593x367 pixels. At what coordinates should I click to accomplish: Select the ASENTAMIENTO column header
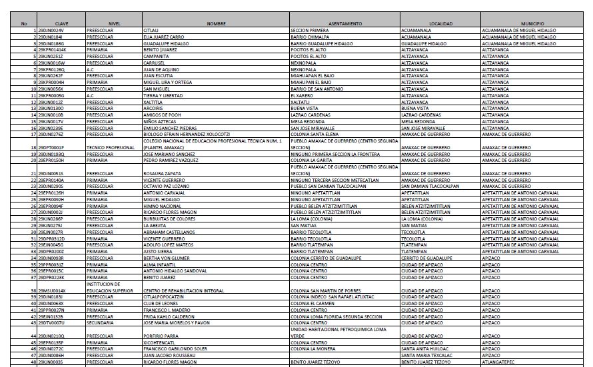(344, 24)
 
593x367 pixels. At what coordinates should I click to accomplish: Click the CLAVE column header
(61, 24)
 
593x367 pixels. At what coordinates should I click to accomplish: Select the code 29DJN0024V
(51, 31)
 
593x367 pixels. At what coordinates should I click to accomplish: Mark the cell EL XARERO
(302, 95)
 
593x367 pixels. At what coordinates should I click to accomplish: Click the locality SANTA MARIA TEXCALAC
(425, 356)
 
